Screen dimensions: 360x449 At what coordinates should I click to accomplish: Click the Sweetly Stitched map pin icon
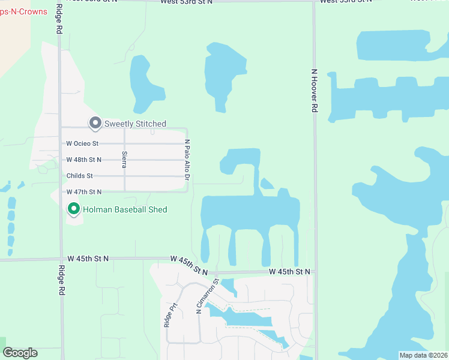95,123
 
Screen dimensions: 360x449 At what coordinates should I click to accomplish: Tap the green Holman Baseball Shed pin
74,209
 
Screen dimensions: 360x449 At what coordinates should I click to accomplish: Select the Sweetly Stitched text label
135,124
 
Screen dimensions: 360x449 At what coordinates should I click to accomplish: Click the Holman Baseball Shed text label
125,209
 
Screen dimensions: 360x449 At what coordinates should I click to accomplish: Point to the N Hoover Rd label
314,90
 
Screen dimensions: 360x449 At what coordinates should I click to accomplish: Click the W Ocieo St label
82,144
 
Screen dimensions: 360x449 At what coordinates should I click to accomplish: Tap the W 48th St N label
83,160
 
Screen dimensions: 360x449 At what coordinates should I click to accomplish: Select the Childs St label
80,176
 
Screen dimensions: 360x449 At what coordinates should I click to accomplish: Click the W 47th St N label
83,192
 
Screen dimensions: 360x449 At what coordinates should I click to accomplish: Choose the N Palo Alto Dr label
187,160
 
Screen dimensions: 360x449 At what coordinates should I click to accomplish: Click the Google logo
20,353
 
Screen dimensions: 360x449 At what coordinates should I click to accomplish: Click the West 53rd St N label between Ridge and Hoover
186,2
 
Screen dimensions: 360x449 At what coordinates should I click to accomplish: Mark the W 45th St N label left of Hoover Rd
289,272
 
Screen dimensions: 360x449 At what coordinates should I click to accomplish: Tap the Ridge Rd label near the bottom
61,280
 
